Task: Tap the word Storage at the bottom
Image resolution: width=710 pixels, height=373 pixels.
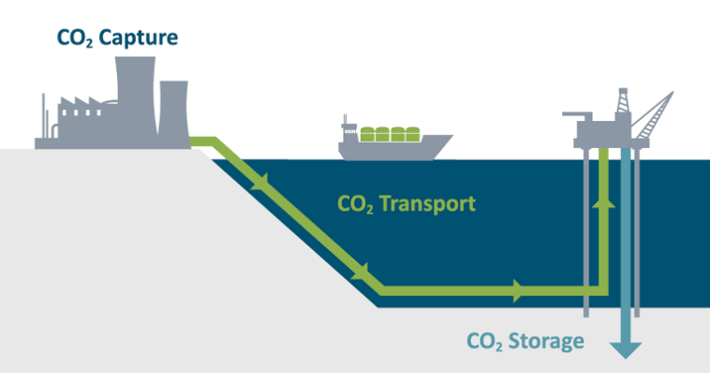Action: point(542,341)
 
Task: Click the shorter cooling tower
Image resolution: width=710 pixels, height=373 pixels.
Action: point(173,112)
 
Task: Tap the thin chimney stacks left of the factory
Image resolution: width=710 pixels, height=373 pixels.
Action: point(43,117)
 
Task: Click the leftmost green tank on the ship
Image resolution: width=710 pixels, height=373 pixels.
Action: point(368,135)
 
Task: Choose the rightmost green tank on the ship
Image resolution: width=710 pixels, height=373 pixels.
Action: point(410,135)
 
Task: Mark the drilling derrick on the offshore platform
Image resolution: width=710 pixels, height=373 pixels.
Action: point(623,103)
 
